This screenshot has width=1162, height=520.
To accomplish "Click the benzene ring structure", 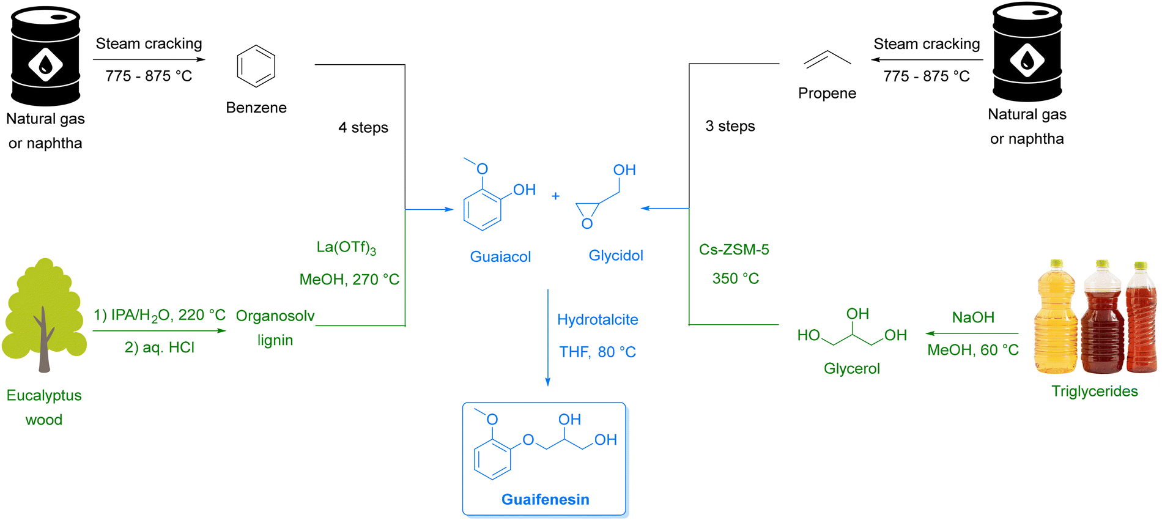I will [256, 66].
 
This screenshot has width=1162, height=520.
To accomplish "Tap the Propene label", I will [827, 93].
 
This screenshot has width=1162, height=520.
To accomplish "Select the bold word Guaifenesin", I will [545, 499].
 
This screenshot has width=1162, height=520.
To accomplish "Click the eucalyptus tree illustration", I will [44, 315].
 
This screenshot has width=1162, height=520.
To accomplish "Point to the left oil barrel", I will [45, 56].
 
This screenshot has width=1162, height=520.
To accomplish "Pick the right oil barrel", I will [1027, 53].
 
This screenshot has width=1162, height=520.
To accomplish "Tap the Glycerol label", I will [851, 368].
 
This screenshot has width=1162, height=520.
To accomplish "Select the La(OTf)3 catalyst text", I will [346, 247].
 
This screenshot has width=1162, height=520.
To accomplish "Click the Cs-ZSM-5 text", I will [734, 250].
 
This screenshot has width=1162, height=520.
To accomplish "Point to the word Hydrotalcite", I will [598, 319].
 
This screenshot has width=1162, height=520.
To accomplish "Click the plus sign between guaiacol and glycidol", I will [555, 196].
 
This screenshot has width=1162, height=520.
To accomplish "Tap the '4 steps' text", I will [363, 127].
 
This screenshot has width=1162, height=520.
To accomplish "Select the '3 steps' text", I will [730, 126].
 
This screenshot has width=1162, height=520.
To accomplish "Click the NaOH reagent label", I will [973, 317].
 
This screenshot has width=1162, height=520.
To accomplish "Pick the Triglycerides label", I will [1094, 391].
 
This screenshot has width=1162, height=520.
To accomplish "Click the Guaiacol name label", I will [500, 256].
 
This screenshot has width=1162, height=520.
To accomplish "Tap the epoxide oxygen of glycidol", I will [587, 224].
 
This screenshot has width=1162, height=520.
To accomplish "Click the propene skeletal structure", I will [827, 59].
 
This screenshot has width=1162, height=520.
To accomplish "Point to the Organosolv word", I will [275, 316].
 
